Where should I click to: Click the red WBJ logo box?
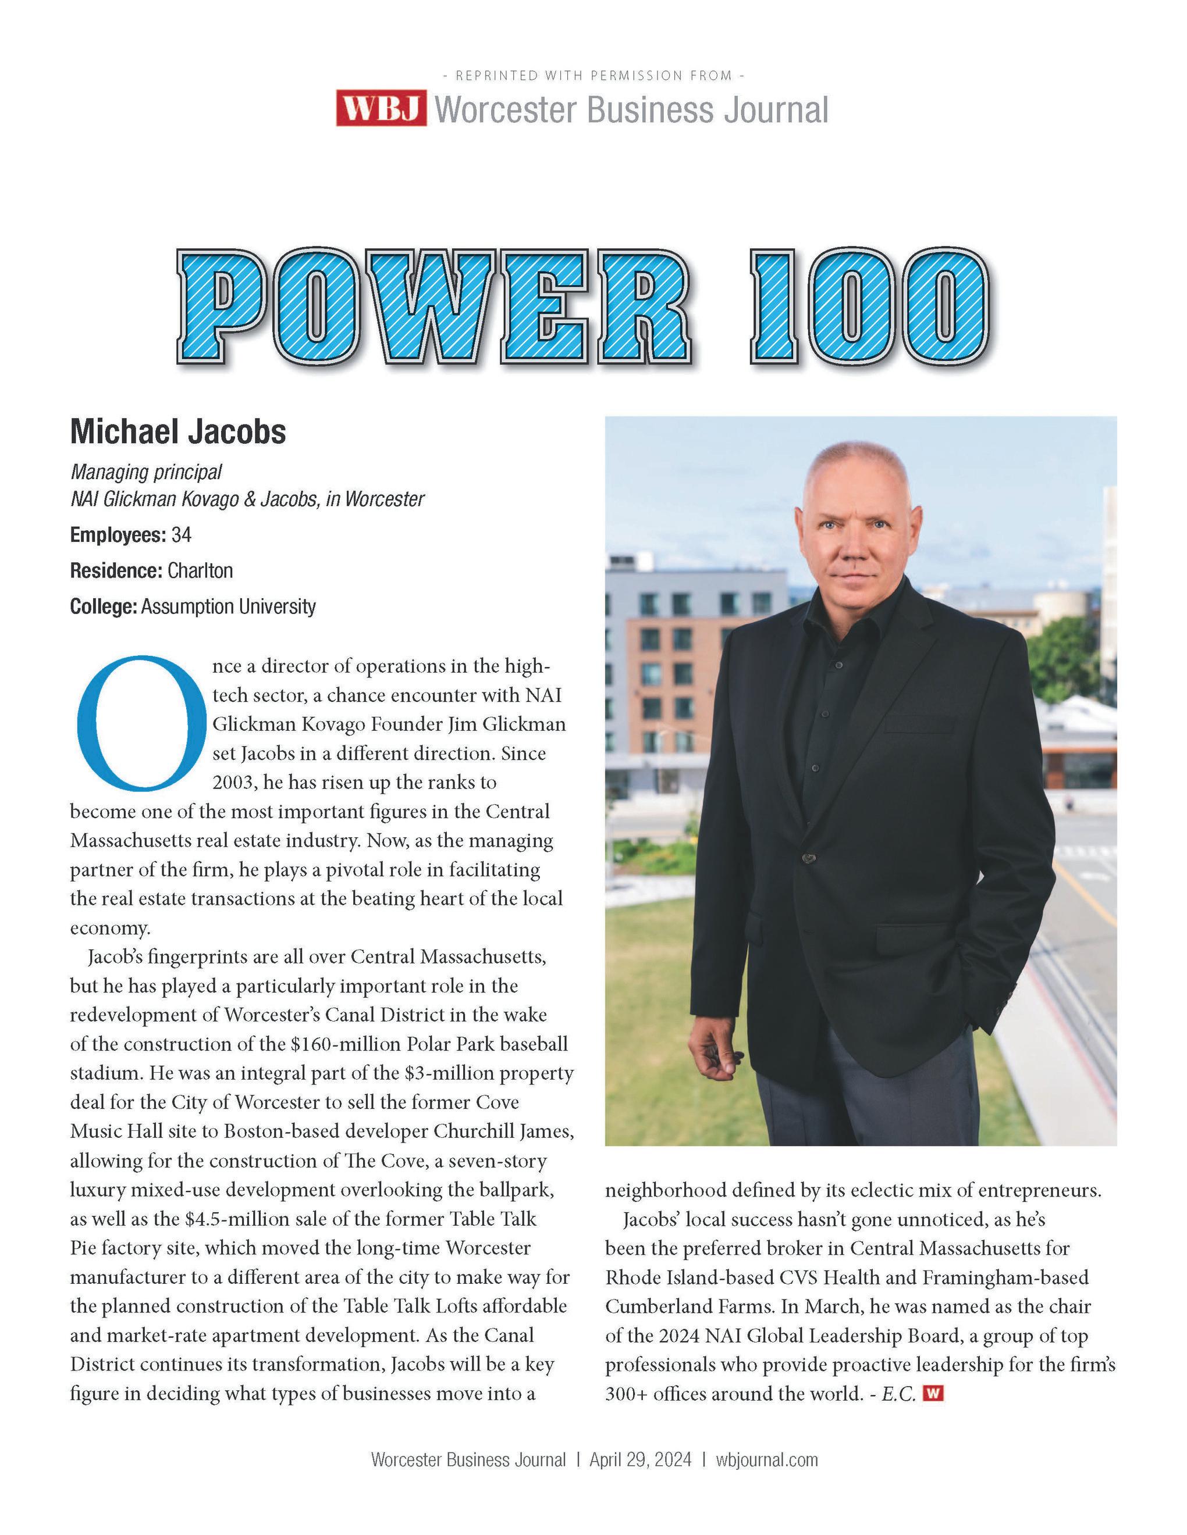381,108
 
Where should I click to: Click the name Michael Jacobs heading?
178,431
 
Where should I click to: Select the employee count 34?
182,535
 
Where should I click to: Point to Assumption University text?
228,606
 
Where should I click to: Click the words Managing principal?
146,472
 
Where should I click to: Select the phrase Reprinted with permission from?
593,75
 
